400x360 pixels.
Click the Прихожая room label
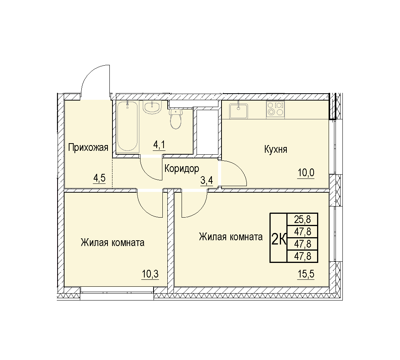point(88,148)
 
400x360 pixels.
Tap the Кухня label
point(276,149)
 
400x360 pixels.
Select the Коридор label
point(182,169)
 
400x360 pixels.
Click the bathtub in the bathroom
point(128,127)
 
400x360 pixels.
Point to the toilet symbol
point(175,119)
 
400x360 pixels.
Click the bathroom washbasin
point(152,107)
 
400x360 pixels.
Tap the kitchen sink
point(238,111)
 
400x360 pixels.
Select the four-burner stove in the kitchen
point(275,110)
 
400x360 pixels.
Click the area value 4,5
point(99,178)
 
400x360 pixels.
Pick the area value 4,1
point(159,145)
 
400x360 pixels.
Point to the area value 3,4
point(207,181)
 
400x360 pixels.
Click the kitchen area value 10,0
point(306,173)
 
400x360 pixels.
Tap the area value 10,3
point(150,274)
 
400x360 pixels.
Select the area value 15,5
point(306,274)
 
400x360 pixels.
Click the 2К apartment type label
point(279,239)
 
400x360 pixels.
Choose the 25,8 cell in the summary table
point(302,219)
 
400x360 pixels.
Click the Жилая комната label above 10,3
point(112,243)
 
